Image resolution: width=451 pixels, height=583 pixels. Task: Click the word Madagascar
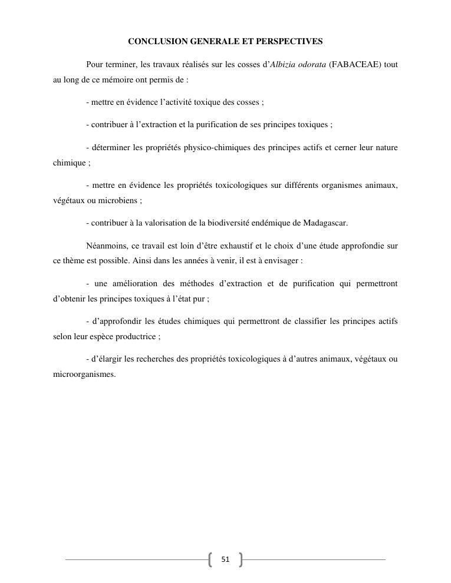[325, 223]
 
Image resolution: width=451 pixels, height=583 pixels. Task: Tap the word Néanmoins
[106, 246]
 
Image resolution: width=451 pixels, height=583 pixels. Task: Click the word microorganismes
[84, 374]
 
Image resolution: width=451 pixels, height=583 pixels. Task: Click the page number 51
[225, 559]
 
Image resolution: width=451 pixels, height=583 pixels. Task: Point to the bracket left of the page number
[210, 559]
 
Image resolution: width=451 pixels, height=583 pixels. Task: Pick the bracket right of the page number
[240, 559]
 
